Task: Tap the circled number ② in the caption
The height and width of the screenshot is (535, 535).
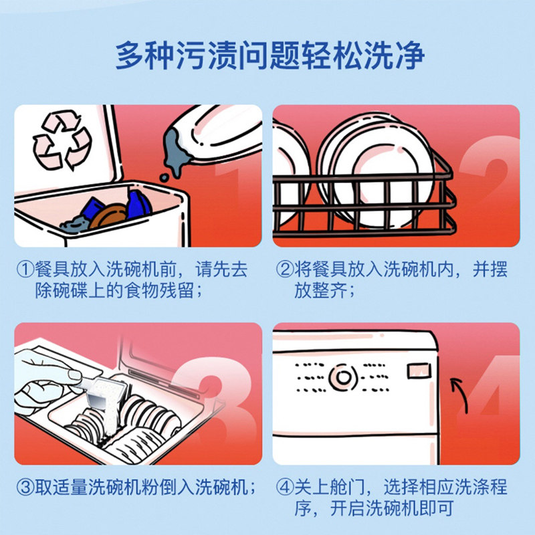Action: coord(284,270)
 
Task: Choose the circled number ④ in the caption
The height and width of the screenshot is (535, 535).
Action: coord(284,487)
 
